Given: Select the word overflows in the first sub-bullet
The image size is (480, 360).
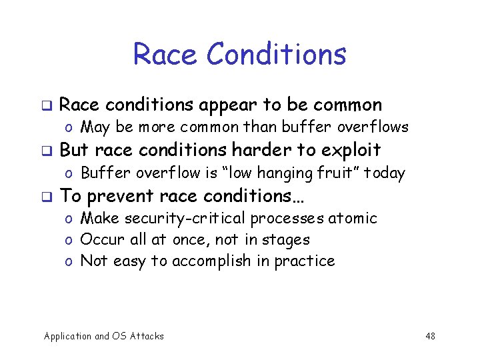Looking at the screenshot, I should point(378,127).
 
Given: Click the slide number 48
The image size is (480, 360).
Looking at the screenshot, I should point(430,336).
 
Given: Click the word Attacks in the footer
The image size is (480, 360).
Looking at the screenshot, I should point(146,336).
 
